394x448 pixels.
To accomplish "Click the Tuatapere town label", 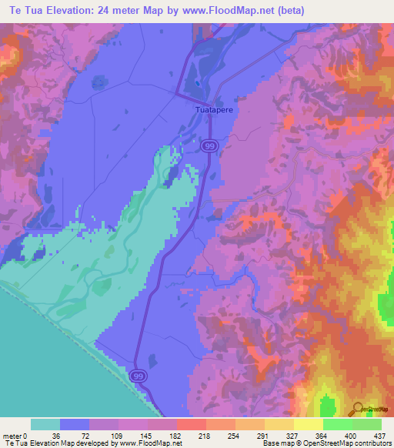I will pyautogui.click(x=212, y=110).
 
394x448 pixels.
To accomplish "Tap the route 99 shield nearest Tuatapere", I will pyautogui.click(x=209, y=145).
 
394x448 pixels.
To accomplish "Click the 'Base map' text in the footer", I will pyautogui.click(x=279, y=443).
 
